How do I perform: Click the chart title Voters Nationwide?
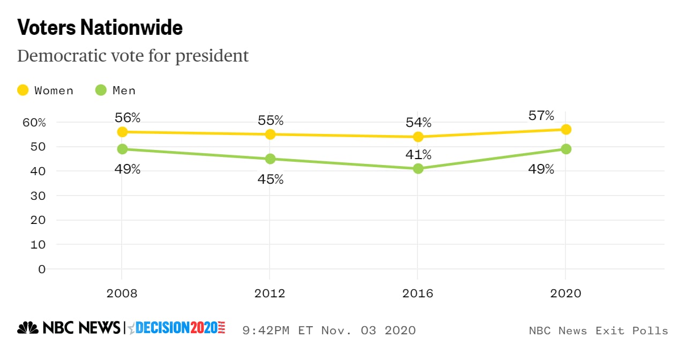[x=100, y=28]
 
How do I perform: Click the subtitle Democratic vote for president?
[x=133, y=56]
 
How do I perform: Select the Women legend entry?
[x=46, y=91]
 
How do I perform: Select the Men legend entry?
[x=116, y=91]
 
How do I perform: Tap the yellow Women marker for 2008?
[x=122, y=132]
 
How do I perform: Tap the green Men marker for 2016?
[x=418, y=169]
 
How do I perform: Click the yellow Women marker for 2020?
[x=565, y=130]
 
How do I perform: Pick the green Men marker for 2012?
[x=270, y=159]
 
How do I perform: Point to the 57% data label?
[x=541, y=116]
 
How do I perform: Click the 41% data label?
[x=418, y=155]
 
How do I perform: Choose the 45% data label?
[x=270, y=179]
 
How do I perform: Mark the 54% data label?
[x=418, y=122]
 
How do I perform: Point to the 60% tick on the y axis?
[x=35, y=122]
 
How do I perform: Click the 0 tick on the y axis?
[x=42, y=269]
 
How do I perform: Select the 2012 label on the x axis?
[x=270, y=294]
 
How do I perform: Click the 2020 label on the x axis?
[x=565, y=294]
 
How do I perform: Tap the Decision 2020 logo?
[x=177, y=328]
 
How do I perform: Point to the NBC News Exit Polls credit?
[x=598, y=331]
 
